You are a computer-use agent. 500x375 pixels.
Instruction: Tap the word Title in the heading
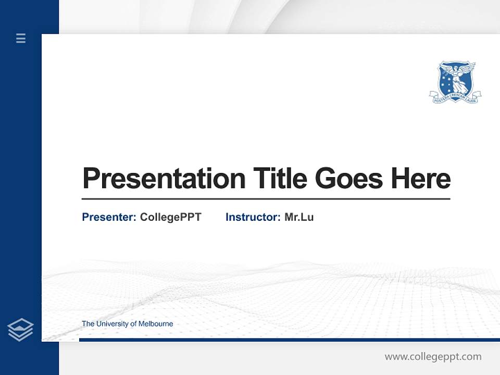coord(280,179)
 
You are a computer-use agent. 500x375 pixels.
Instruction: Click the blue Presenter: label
coord(109,217)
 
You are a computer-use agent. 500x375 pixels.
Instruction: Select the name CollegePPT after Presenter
coord(170,217)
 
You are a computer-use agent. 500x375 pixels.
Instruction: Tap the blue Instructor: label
coord(253,217)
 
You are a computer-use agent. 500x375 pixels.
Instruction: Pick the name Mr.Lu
coord(299,217)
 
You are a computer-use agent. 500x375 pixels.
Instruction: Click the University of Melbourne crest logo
coord(455,81)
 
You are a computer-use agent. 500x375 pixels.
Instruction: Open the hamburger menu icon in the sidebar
coord(21,38)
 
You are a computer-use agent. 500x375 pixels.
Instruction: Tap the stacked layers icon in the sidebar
coord(20,330)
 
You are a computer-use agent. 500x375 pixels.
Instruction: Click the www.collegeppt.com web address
coord(433,357)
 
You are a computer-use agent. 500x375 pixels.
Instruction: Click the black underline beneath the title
coord(266,199)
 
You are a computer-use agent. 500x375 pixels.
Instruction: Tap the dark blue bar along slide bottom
coord(289,340)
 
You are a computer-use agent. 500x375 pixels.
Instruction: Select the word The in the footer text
coord(87,324)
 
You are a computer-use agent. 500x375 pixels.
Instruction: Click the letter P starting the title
coord(90,179)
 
